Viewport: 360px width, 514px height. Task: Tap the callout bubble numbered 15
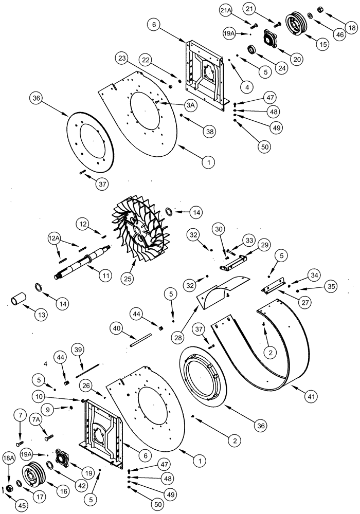coord(322,44)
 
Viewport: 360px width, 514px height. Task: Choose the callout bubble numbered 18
coord(350,27)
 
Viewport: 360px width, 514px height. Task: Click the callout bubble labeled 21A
coord(240,11)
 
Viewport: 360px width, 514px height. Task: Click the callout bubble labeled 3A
coord(191,105)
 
